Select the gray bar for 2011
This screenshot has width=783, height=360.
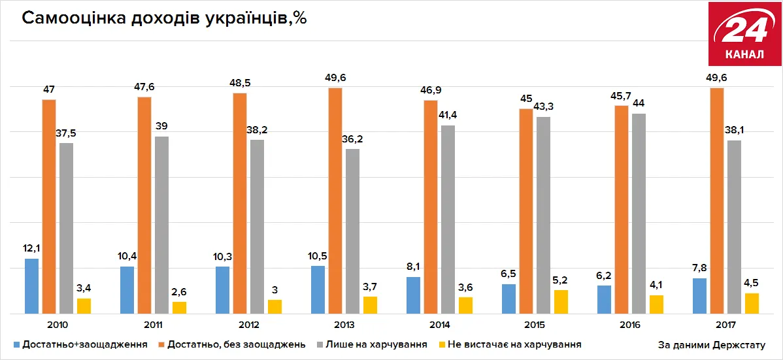tap(161, 225)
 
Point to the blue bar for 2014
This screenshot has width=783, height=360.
tap(413, 295)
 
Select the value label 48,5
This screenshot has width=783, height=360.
tap(241, 82)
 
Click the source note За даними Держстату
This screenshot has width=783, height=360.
tap(711, 344)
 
